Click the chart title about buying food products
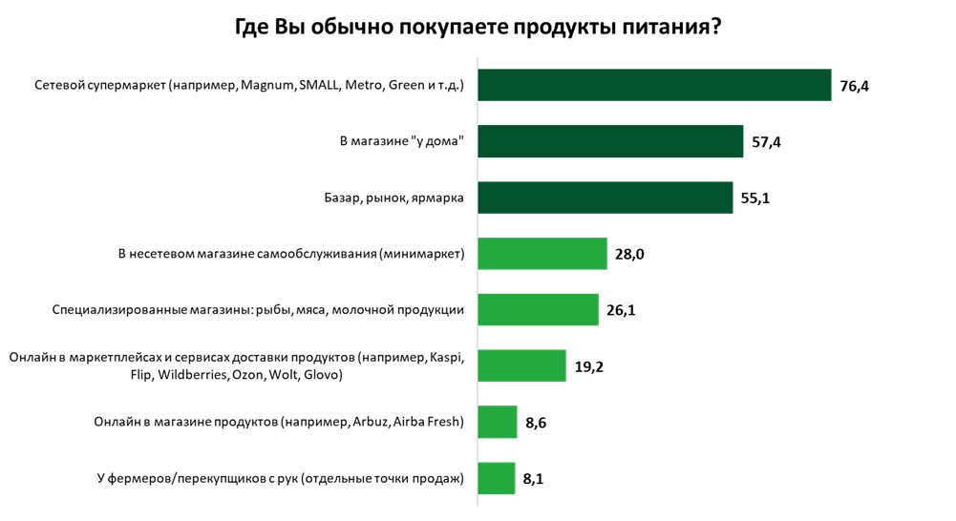click(x=478, y=27)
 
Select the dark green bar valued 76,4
click(x=654, y=86)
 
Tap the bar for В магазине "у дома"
click(x=610, y=142)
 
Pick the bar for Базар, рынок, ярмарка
click(x=605, y=198)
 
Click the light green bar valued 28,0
click(x=542, y=254)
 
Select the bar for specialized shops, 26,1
click(x=538, y=310)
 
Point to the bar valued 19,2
click(x=521, y=365)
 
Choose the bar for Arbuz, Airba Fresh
click(x=497, y=422)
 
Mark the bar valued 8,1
click(x=496, y=477)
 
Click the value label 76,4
click(x=855, y=87)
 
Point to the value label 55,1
click(x=756, y=198)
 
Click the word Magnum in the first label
click(x=267, y=86)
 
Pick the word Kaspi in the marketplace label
click(x=444, y=358)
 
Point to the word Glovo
click(x=322, y=375)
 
